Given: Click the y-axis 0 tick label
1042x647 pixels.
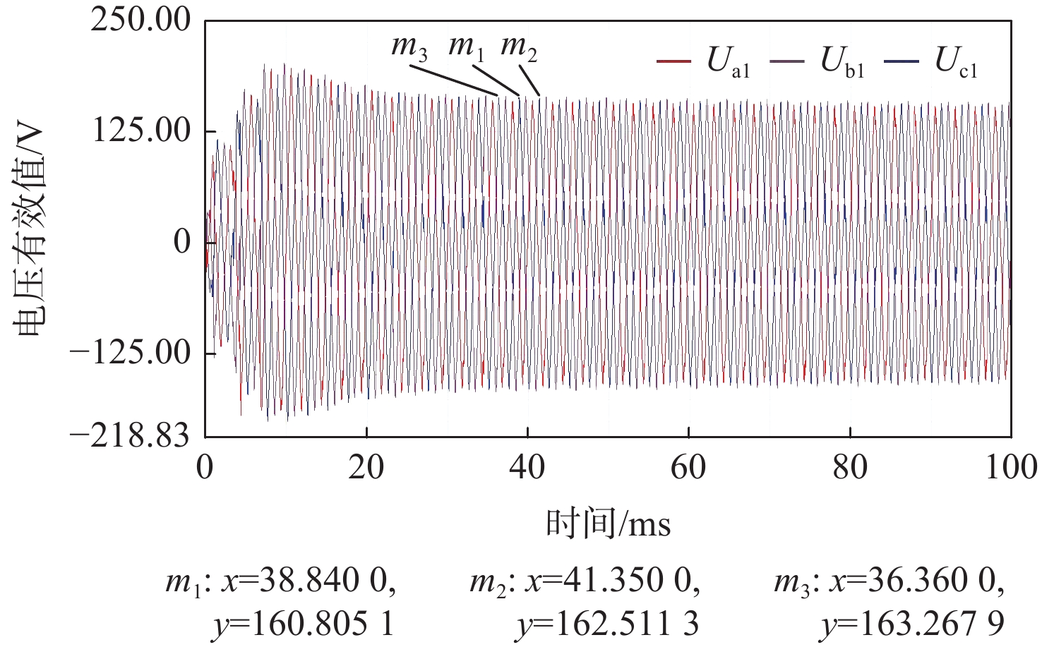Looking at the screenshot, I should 182,242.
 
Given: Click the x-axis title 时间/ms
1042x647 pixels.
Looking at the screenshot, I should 608,524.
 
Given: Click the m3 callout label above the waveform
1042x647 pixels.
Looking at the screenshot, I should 409,48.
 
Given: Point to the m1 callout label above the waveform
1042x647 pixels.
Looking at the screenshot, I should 467,48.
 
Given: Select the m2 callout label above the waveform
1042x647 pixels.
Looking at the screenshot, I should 519,48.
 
